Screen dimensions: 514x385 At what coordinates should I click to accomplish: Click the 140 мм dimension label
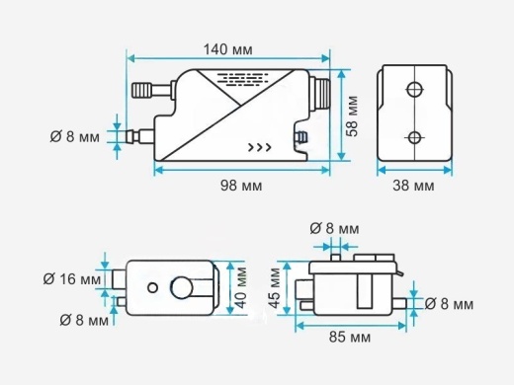click(x=228, y=49)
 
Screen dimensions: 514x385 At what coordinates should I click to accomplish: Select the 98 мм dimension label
click(x=241, y=186)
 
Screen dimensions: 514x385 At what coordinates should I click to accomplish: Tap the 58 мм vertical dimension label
click(x=352, y=115)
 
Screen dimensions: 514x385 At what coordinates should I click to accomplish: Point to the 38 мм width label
click(x=413, y=186)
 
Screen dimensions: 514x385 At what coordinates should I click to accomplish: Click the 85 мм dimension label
click(x=350, y=337)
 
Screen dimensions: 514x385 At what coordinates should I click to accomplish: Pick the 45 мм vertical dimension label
click(x=274, y=288)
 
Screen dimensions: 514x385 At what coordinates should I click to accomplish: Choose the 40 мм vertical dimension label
click(x=241, y=287)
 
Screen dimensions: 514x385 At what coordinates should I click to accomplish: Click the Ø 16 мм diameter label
click(x=72, y=279)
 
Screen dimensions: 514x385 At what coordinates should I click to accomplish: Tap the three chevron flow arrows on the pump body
click(x=260, y=147)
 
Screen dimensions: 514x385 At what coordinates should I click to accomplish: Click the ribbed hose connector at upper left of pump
click(x=141, y=90)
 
